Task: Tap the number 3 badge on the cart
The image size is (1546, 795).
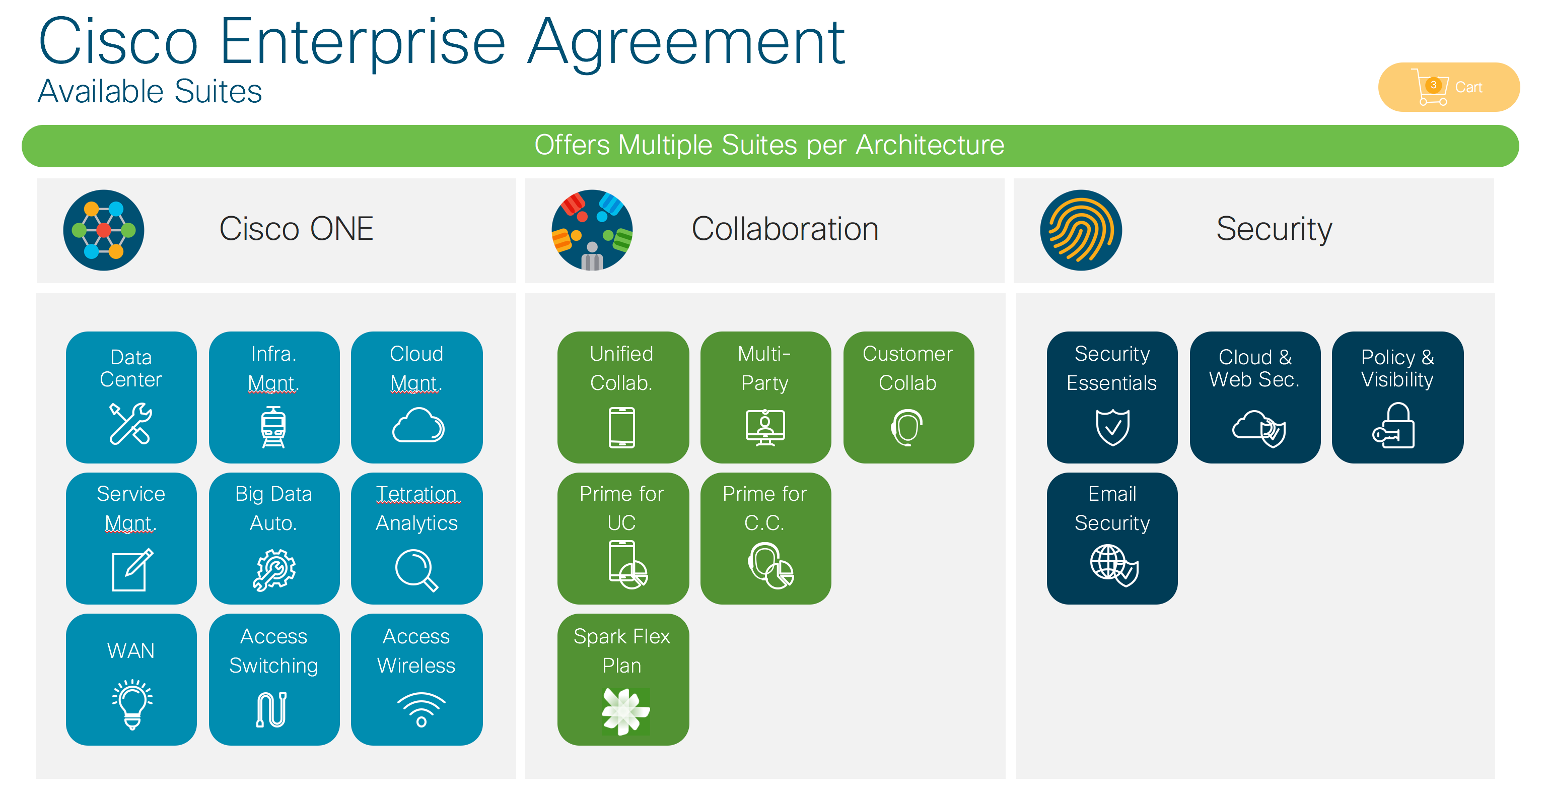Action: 1433,85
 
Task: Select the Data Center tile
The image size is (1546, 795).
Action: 131,396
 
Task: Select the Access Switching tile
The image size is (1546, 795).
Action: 273,679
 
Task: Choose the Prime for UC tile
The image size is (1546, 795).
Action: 622,538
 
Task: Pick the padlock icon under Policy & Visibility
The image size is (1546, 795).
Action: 1394,426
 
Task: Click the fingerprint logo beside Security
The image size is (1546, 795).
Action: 1080,230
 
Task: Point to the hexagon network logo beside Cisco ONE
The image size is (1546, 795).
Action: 104,230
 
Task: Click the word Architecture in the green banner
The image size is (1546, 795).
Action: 930,145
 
